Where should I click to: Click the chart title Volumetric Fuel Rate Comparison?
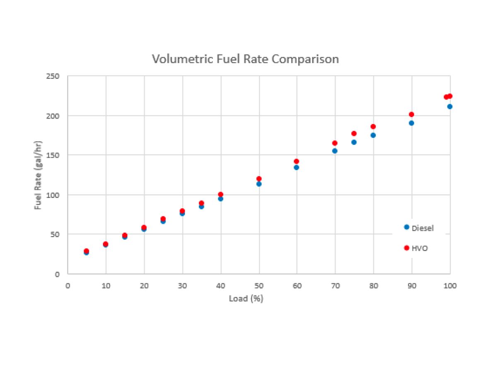pyautogui.click(x=245, y=59)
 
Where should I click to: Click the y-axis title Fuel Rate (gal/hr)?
pyautogui.click(x=39, y=175)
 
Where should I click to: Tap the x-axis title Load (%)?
pyautogui.click(x=246, y=298)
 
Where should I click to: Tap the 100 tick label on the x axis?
pyautogui.click(x=450, y=286)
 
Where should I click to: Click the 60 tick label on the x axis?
pyautogui.click(x=297, y=286)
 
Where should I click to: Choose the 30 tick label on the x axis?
pyautogui.click(x=182, y=286)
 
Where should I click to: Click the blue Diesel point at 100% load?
pyautogui.click(x=450, y=107)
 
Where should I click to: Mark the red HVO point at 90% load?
pyautogui.click(x=411, y=114)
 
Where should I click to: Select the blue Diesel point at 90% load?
pyautogui.click(x=411, y=123)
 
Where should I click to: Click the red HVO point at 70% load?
pyautogui.click(x=335, y=143)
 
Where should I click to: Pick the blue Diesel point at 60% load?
pyautogui.click(x=297, y=167)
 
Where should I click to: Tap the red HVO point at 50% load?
pyautogui.click(x=259, y=179)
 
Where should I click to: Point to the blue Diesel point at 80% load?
pyautogui.click(x=373, y=135)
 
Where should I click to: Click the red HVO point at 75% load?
pyautogui.click(x=354, y=134)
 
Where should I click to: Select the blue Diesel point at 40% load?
pyautogui.click(x=221, y=199)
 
